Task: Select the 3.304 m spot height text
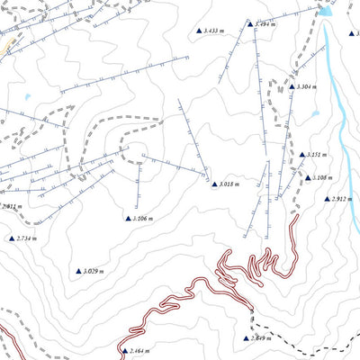304,86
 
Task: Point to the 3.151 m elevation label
315,155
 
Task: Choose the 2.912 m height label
340,199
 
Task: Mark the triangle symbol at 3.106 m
128,218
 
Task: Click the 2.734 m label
29,238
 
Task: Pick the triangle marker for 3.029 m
78,270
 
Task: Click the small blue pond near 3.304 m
315,114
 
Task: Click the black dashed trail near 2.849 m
297,344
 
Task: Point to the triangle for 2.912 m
326,199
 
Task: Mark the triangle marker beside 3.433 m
200,31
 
